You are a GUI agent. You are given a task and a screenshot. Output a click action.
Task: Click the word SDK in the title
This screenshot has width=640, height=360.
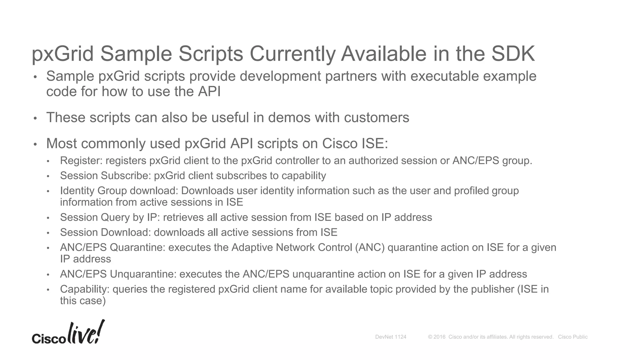(x=513, y=54)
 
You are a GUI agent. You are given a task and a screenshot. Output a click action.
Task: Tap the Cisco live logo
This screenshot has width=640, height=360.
(x=68, y=333)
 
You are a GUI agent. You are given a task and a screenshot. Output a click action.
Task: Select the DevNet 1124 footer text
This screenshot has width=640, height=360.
(x=391, y=337)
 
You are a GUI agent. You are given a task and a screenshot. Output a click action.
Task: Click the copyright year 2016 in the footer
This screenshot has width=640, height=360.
(x=439, y=337)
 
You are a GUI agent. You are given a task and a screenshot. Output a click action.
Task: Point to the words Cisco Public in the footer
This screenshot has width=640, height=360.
(x=572, y=337)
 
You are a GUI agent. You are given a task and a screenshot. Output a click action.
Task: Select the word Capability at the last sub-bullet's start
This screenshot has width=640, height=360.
(x=84, y=289)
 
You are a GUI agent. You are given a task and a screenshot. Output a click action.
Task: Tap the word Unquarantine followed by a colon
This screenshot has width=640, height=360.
(x=143, y=274)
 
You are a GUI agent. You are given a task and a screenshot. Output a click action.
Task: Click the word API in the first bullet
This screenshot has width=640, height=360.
(x=209, y=92)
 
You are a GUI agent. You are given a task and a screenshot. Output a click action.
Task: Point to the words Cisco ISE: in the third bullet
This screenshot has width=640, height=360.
(x=355, y=143)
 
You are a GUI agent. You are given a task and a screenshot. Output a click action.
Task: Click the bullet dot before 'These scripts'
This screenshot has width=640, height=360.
(x=35, y=118)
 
